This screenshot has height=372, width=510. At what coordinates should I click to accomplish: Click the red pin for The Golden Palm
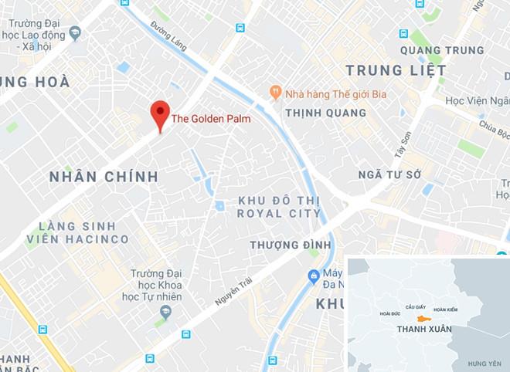click(160, 114)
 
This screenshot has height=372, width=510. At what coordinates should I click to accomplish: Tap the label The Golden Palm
click(210, 119)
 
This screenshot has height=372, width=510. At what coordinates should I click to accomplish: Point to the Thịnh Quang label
click(325, 113)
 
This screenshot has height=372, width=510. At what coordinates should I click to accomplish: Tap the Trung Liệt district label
click(396, 70)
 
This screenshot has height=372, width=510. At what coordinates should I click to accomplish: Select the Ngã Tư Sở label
click(389, 175)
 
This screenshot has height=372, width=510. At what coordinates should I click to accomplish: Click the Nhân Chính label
click(104, 177)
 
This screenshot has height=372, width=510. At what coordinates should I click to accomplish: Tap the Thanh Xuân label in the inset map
click(423, 330)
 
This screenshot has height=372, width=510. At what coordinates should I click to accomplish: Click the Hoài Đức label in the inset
click(390, 313)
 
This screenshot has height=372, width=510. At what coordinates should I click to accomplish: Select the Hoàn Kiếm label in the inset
click(447, 309)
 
